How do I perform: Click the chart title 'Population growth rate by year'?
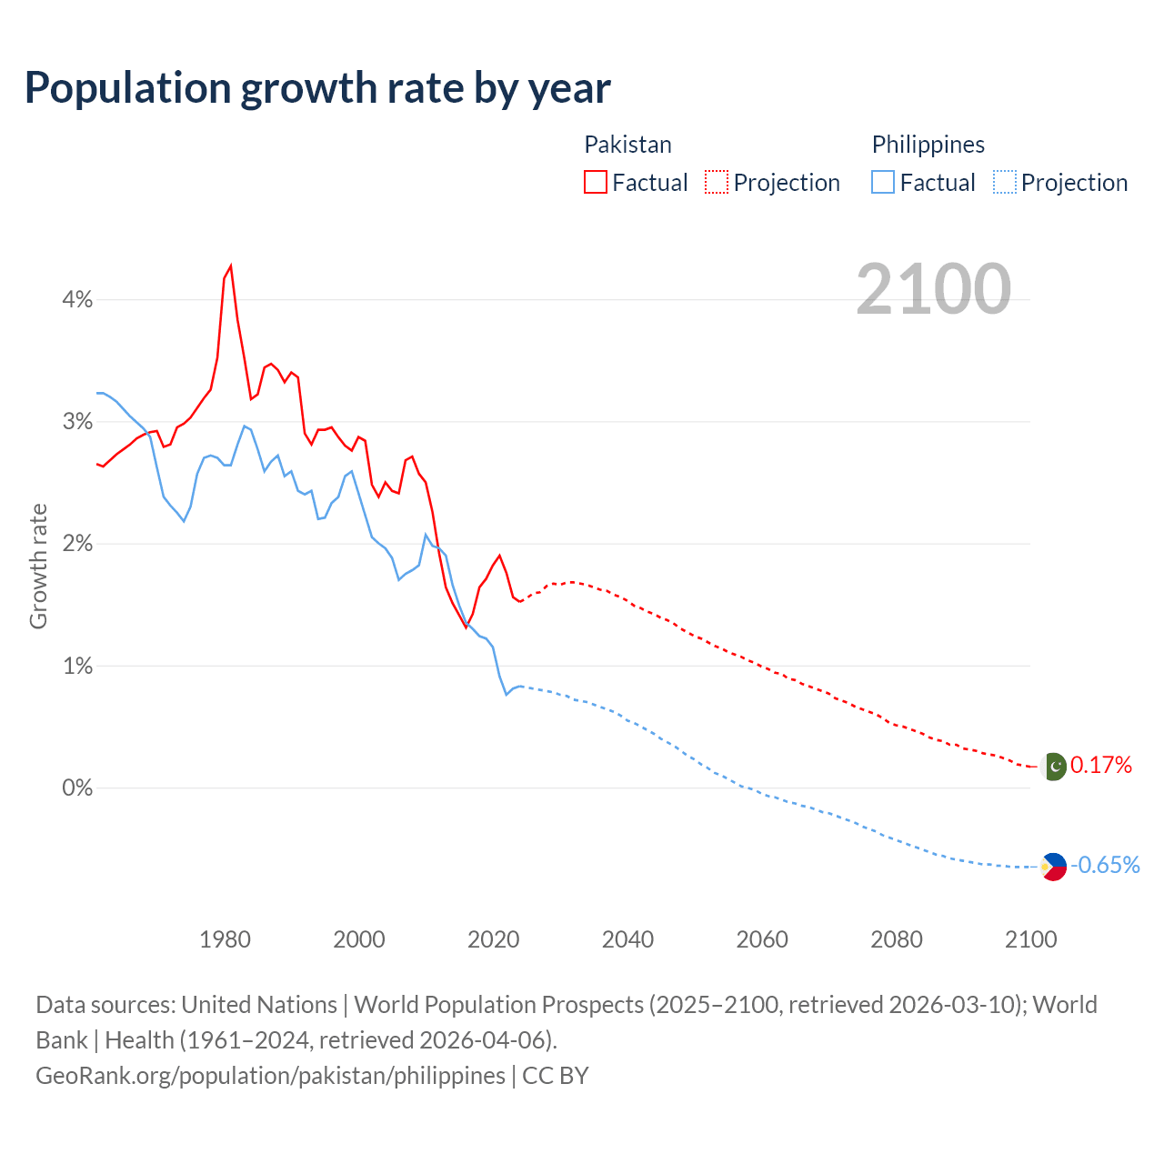(x=317, y=87)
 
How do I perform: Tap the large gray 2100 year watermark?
(x=933, y=289)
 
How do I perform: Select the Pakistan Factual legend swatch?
(x=596, y=182)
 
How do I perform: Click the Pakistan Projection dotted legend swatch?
(x=717, y=182)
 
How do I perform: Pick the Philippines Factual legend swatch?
(x=883, y=182)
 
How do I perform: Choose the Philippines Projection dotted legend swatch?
(x=1004, y=182)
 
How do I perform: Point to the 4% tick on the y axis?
(x=77, y=299)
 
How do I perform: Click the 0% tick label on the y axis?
(x=77, y=788)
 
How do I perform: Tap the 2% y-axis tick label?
(x=77, y=544)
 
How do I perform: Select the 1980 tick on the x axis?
(x=225, y=939)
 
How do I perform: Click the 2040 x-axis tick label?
(x=627, y=939)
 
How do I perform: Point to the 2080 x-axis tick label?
(x=897, y=939)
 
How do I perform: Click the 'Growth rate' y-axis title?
(x=38, y=566)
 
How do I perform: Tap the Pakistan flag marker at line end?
(x=1054, y=767)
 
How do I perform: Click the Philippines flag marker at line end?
(x=1054, y=867)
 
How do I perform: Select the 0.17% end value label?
(x=1101, y=766)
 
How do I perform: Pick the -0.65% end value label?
(x=1105, y=865)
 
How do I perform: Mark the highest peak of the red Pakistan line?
(x=231, y=266)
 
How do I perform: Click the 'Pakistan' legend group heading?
(x=627, y=145)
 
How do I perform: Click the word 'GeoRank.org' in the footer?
(x=104, y=1076)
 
